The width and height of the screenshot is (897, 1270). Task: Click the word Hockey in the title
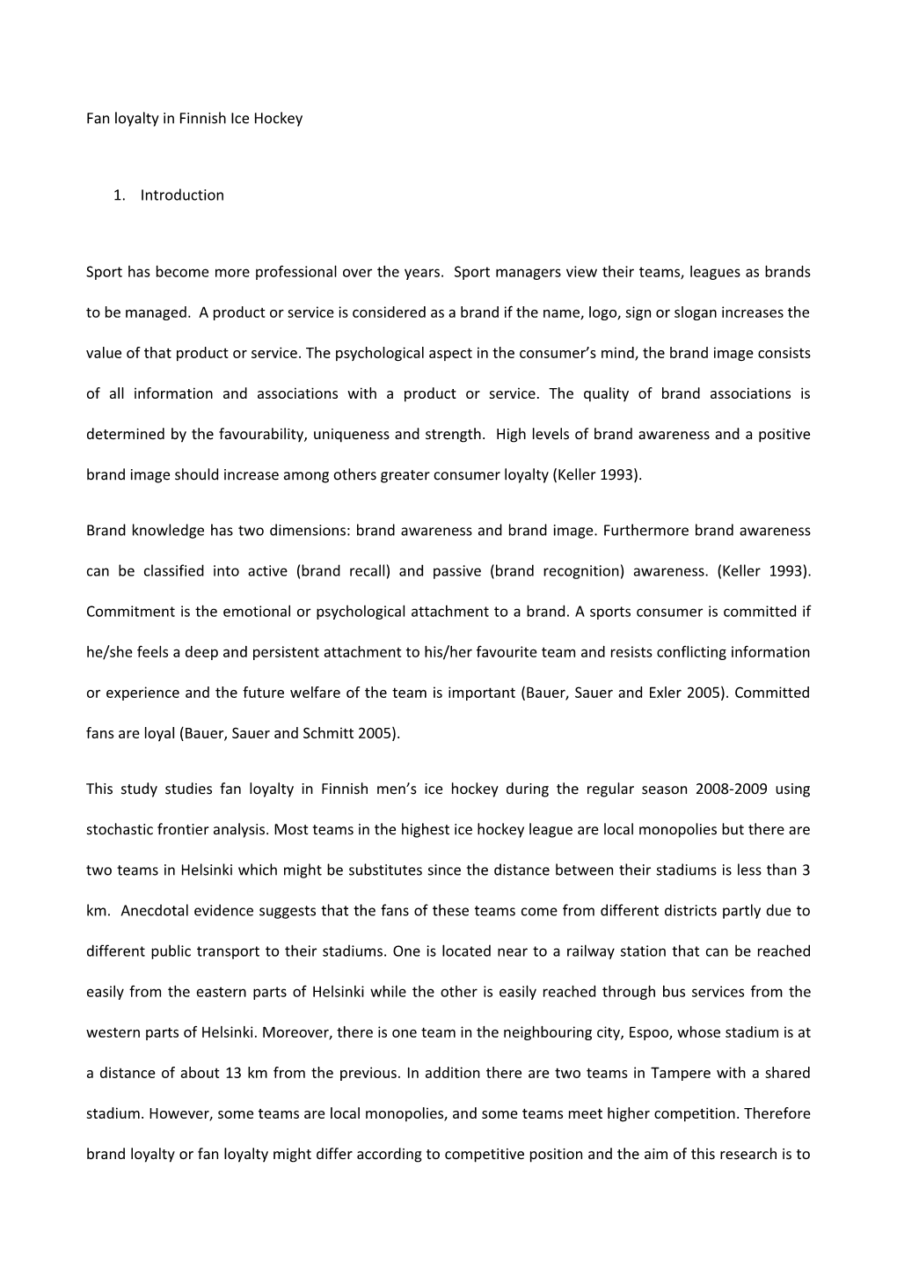coord(279,118)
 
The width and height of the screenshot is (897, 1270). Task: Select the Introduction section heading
coord(182,195)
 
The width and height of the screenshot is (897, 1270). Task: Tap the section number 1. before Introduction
coord(120,195)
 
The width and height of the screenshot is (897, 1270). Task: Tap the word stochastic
coord(119,829)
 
